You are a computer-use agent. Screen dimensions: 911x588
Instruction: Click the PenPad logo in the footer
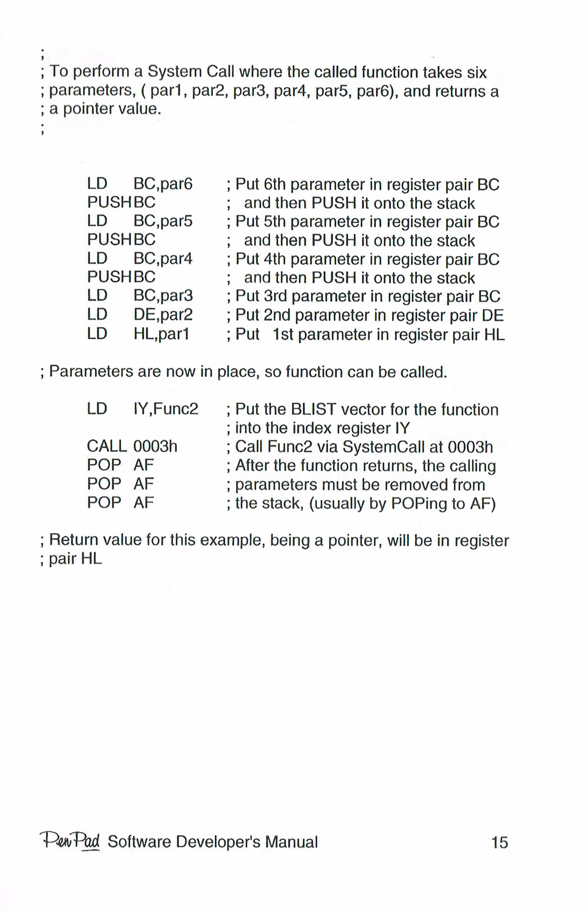70,841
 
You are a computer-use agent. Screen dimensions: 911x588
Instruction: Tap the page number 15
499,843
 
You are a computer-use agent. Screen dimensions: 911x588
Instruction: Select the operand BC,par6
163,184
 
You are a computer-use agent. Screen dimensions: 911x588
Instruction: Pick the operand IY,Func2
165,409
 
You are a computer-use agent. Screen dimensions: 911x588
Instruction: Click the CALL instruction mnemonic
107,447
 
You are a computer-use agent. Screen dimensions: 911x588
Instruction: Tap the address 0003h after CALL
155,447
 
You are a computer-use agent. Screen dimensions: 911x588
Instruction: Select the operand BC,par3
163,296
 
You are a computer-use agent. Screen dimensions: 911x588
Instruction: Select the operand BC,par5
163,221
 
